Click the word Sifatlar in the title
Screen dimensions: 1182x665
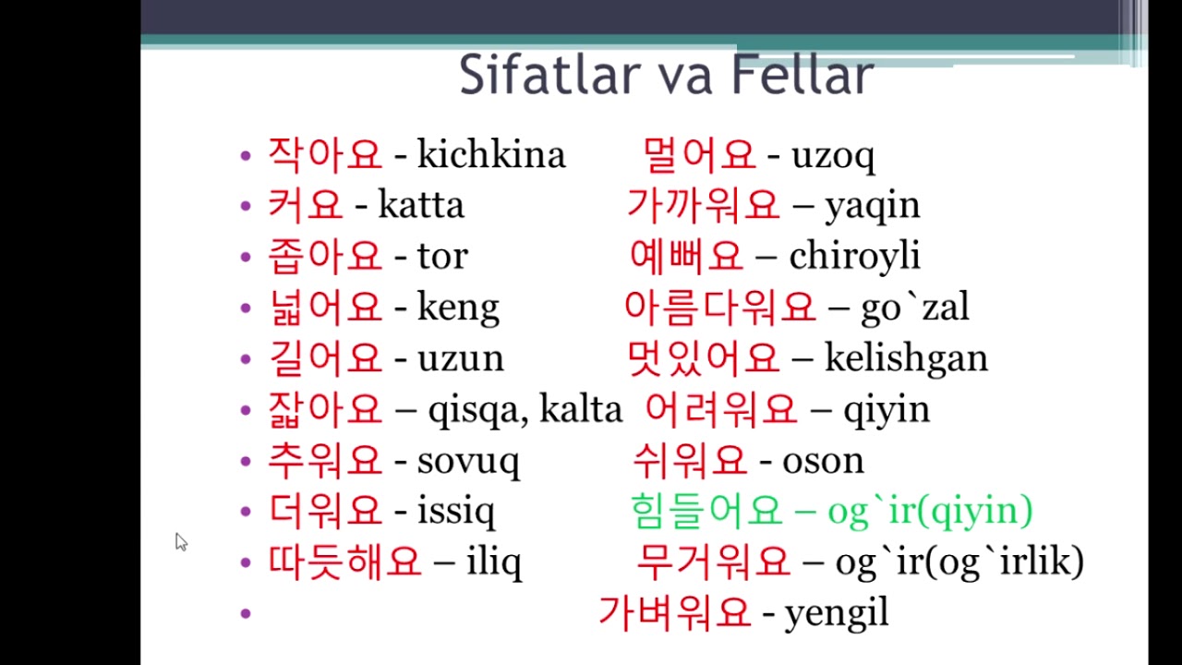[x=550, y=75]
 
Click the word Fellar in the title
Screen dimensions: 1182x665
[x=803, y=75]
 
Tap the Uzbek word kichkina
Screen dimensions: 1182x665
[x=491, y=154]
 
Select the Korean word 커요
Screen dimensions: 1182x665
[x=306, y=205]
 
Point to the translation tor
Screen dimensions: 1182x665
[x=442, y=257]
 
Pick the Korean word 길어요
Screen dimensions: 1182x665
[x=325, y=358]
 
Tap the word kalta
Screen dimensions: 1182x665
[x=581, y=408]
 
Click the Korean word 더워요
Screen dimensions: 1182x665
[x=325, y=511]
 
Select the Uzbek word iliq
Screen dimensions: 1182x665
[x=494, y=562]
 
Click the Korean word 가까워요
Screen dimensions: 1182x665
[x=703, y=205]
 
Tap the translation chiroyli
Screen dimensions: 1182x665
[x=855, y=257]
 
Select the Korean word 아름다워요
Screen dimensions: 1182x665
[x=720, y=308]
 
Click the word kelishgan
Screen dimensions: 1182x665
[x=906, y=359]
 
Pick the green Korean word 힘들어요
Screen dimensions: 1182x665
[x=706, y=511]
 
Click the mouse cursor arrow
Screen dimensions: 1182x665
[x=181, y=541]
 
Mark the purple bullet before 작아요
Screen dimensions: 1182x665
[x=246, y=155]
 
